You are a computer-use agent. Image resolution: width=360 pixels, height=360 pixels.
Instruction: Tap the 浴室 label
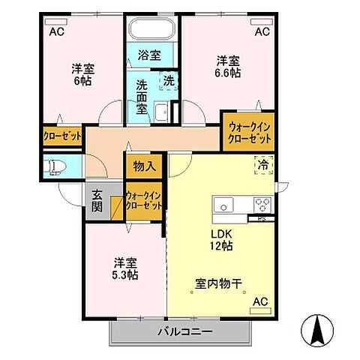point(150,55)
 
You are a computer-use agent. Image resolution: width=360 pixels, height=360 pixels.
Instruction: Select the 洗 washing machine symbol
point(169,79)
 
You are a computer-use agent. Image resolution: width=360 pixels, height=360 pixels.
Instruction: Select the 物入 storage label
point(144,166)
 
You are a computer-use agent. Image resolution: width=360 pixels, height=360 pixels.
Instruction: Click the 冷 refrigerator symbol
point(263,164)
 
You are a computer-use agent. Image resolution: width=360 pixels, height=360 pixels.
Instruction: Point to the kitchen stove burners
point(262,204)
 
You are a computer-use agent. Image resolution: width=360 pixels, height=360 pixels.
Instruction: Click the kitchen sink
point(225,205)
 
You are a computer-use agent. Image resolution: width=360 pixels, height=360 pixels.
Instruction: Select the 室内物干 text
point(217,284)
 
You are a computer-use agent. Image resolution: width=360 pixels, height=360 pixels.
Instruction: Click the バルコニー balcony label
point(184,331)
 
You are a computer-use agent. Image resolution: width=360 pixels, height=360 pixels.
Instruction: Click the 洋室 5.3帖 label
point(125,268)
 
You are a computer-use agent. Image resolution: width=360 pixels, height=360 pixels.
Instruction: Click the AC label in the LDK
point(259,302)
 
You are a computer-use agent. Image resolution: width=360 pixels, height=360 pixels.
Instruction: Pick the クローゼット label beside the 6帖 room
point(61,136)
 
